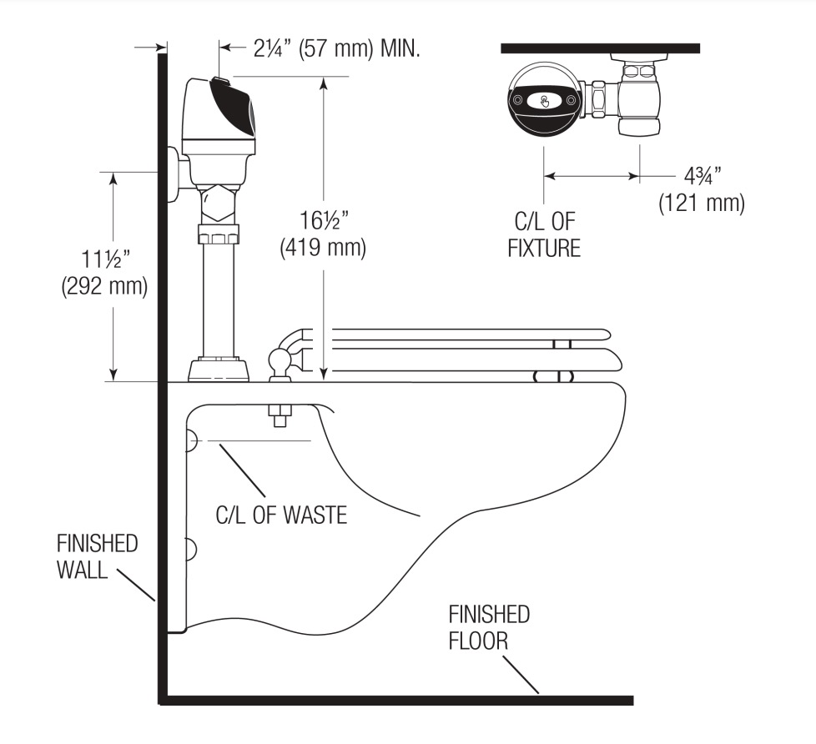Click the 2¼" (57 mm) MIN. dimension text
[336, 49]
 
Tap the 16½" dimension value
[323, 220]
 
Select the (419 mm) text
[323, 247]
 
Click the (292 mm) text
[104, 286]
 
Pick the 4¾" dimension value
[702, 176]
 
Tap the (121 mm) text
[702, 203]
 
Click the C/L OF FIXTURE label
[544, 234]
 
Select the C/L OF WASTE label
[281, 515]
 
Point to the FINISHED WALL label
[97, 556]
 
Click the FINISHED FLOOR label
[489, 627]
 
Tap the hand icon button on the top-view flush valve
[544, 100]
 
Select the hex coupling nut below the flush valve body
[219, 205]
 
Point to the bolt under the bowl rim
[280, 415]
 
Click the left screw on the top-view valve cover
[518, 100]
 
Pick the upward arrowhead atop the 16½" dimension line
[323, 83]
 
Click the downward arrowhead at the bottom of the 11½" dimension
[113, 375]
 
